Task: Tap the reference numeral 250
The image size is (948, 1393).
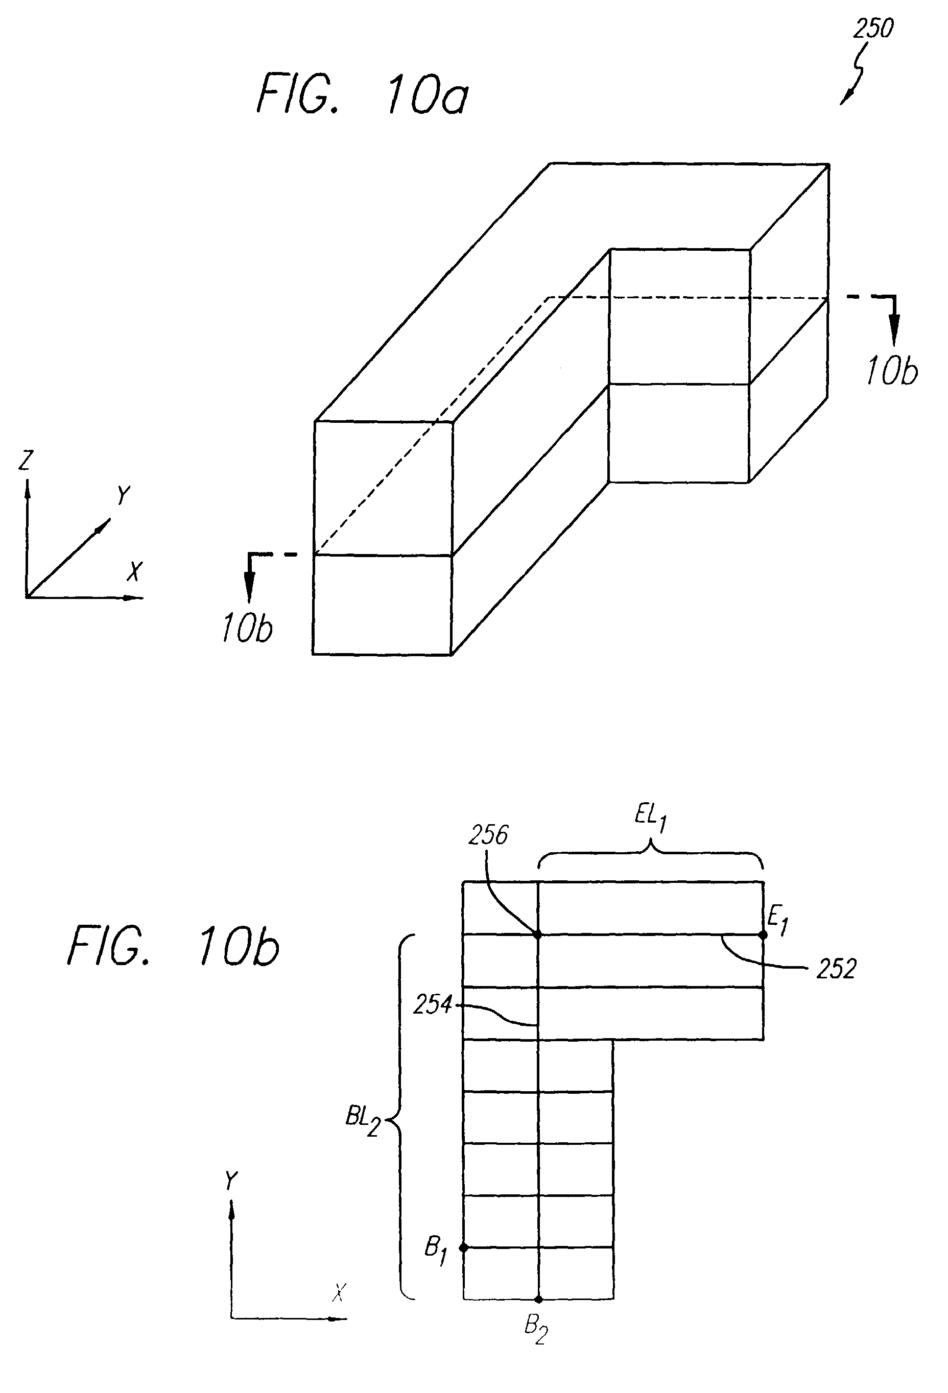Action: coord(873,29)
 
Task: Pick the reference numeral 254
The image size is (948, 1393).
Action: coord(432,1004)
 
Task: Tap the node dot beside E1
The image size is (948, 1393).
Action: coord(763,934)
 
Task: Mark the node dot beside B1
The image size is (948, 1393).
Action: coord(463,1247)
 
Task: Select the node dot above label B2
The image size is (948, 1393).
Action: coord(538,1300)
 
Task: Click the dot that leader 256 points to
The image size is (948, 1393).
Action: coord(538,934)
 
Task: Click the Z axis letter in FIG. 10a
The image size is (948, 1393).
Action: coord(26,461)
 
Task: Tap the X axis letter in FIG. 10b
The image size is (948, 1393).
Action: coord(339,1293)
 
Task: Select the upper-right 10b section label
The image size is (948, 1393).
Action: coord(892,372)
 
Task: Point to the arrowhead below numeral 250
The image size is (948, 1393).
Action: coord(845,100)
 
